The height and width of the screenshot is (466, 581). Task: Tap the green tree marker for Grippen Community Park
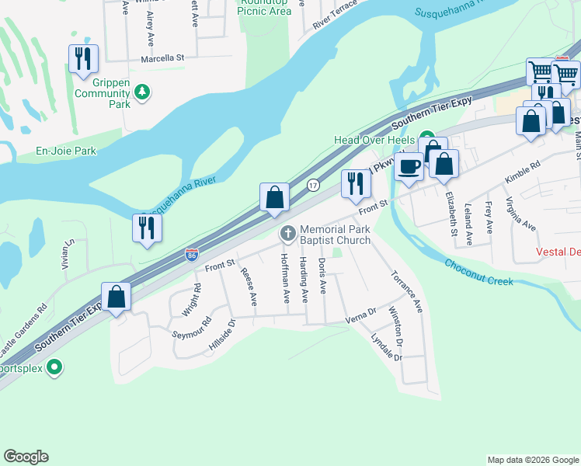141,92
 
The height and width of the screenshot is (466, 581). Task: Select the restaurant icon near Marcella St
83,59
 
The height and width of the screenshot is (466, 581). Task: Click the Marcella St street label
162,58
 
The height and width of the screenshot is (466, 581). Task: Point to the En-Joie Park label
66,151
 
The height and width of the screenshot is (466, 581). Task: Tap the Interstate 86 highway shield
192,254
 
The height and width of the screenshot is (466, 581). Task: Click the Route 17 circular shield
312,185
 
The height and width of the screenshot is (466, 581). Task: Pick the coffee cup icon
409,165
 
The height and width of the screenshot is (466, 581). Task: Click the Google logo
26,457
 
